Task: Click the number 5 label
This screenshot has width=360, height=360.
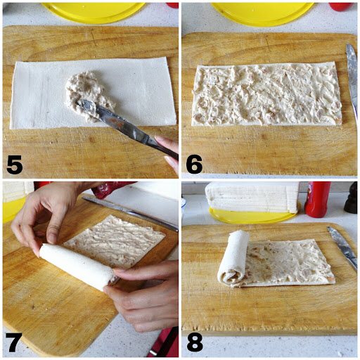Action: click(x=14, y=165)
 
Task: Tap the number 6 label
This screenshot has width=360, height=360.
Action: click(x=194, y=165)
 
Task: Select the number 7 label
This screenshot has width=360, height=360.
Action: click(x=14, y=342)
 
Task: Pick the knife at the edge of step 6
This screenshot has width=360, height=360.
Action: click(x=352, y=77)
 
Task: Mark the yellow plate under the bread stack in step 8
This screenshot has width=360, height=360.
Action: click(x=253, y=217)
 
